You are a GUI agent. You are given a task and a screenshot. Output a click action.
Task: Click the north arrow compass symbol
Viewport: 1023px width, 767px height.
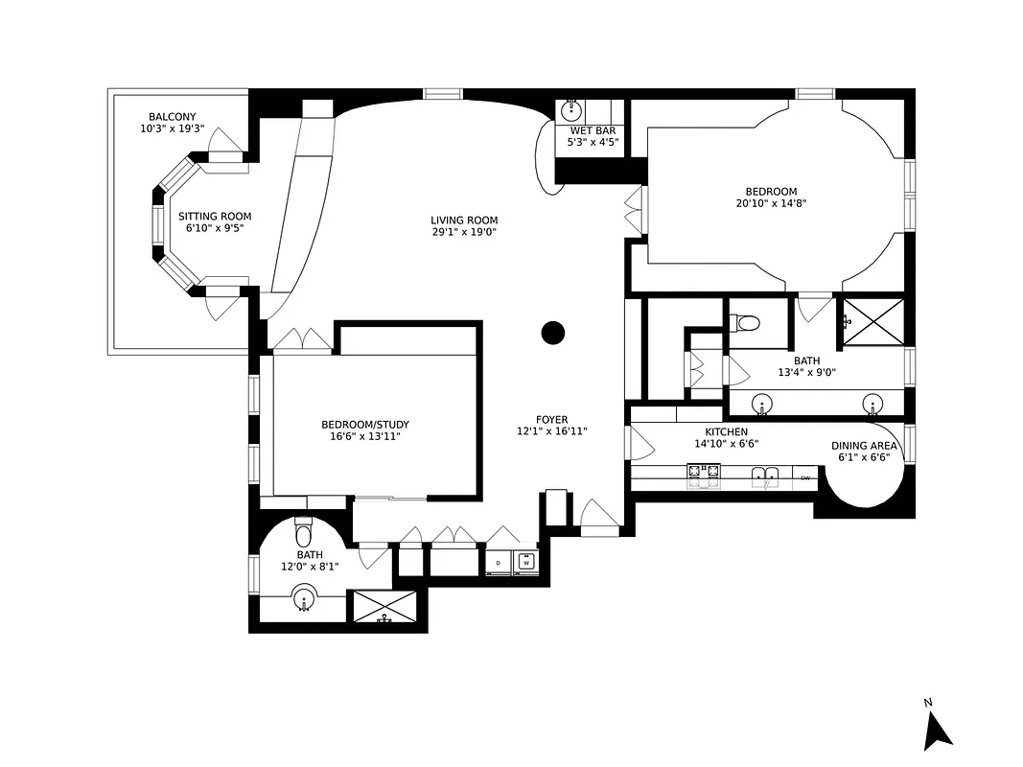[937, 731]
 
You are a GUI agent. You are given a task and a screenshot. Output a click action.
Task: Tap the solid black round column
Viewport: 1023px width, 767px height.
[553, 333]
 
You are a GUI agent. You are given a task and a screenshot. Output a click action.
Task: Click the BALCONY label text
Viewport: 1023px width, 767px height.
[172, 117]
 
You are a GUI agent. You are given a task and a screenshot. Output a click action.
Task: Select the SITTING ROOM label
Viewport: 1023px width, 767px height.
[215, 217]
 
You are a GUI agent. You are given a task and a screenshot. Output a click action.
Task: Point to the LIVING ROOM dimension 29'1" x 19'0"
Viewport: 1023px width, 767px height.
[464, 232]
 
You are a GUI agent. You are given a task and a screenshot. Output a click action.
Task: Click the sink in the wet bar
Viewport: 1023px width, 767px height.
[572, 109]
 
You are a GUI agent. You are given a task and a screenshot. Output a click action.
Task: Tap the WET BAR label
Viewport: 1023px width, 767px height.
[593, 130]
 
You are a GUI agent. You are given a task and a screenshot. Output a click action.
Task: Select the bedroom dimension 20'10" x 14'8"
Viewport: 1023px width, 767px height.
[774, 203]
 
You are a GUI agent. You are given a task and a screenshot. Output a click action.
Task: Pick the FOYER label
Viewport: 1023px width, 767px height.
[551, 420]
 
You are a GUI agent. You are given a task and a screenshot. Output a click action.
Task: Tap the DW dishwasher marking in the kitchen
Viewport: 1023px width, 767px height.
[805, 477]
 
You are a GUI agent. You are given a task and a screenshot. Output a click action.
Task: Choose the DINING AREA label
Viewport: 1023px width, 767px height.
[864, 446]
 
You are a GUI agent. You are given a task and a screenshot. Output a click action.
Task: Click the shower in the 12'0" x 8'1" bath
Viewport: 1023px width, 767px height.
[385, 606]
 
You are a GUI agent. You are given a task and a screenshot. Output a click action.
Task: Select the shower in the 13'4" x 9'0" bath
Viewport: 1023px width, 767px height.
[872, 320]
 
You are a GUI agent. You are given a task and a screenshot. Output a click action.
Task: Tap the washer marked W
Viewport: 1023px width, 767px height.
[525, 563]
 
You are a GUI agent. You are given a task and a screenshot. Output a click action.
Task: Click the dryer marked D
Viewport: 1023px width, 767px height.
[499, 563]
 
